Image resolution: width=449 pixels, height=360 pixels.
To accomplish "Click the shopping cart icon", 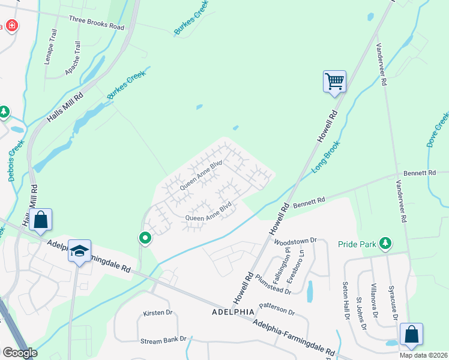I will (x=334, y=80).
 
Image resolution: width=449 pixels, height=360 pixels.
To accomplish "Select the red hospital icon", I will (x=11, y=26).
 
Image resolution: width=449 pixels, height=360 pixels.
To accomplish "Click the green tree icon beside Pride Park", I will (x=385, y=244).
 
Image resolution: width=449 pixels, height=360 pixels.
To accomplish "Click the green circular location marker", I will (x=145, y=238).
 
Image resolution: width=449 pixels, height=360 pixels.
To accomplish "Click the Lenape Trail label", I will (x=49, y=52).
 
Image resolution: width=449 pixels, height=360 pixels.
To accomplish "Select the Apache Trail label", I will (x=76, y=57).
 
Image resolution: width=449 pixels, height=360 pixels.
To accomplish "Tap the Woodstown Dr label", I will (x=295, y=241).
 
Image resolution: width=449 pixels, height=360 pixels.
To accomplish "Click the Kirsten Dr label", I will (x=157, y=313).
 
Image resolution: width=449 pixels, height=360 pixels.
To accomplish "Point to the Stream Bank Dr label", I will (x=163, y=340).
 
